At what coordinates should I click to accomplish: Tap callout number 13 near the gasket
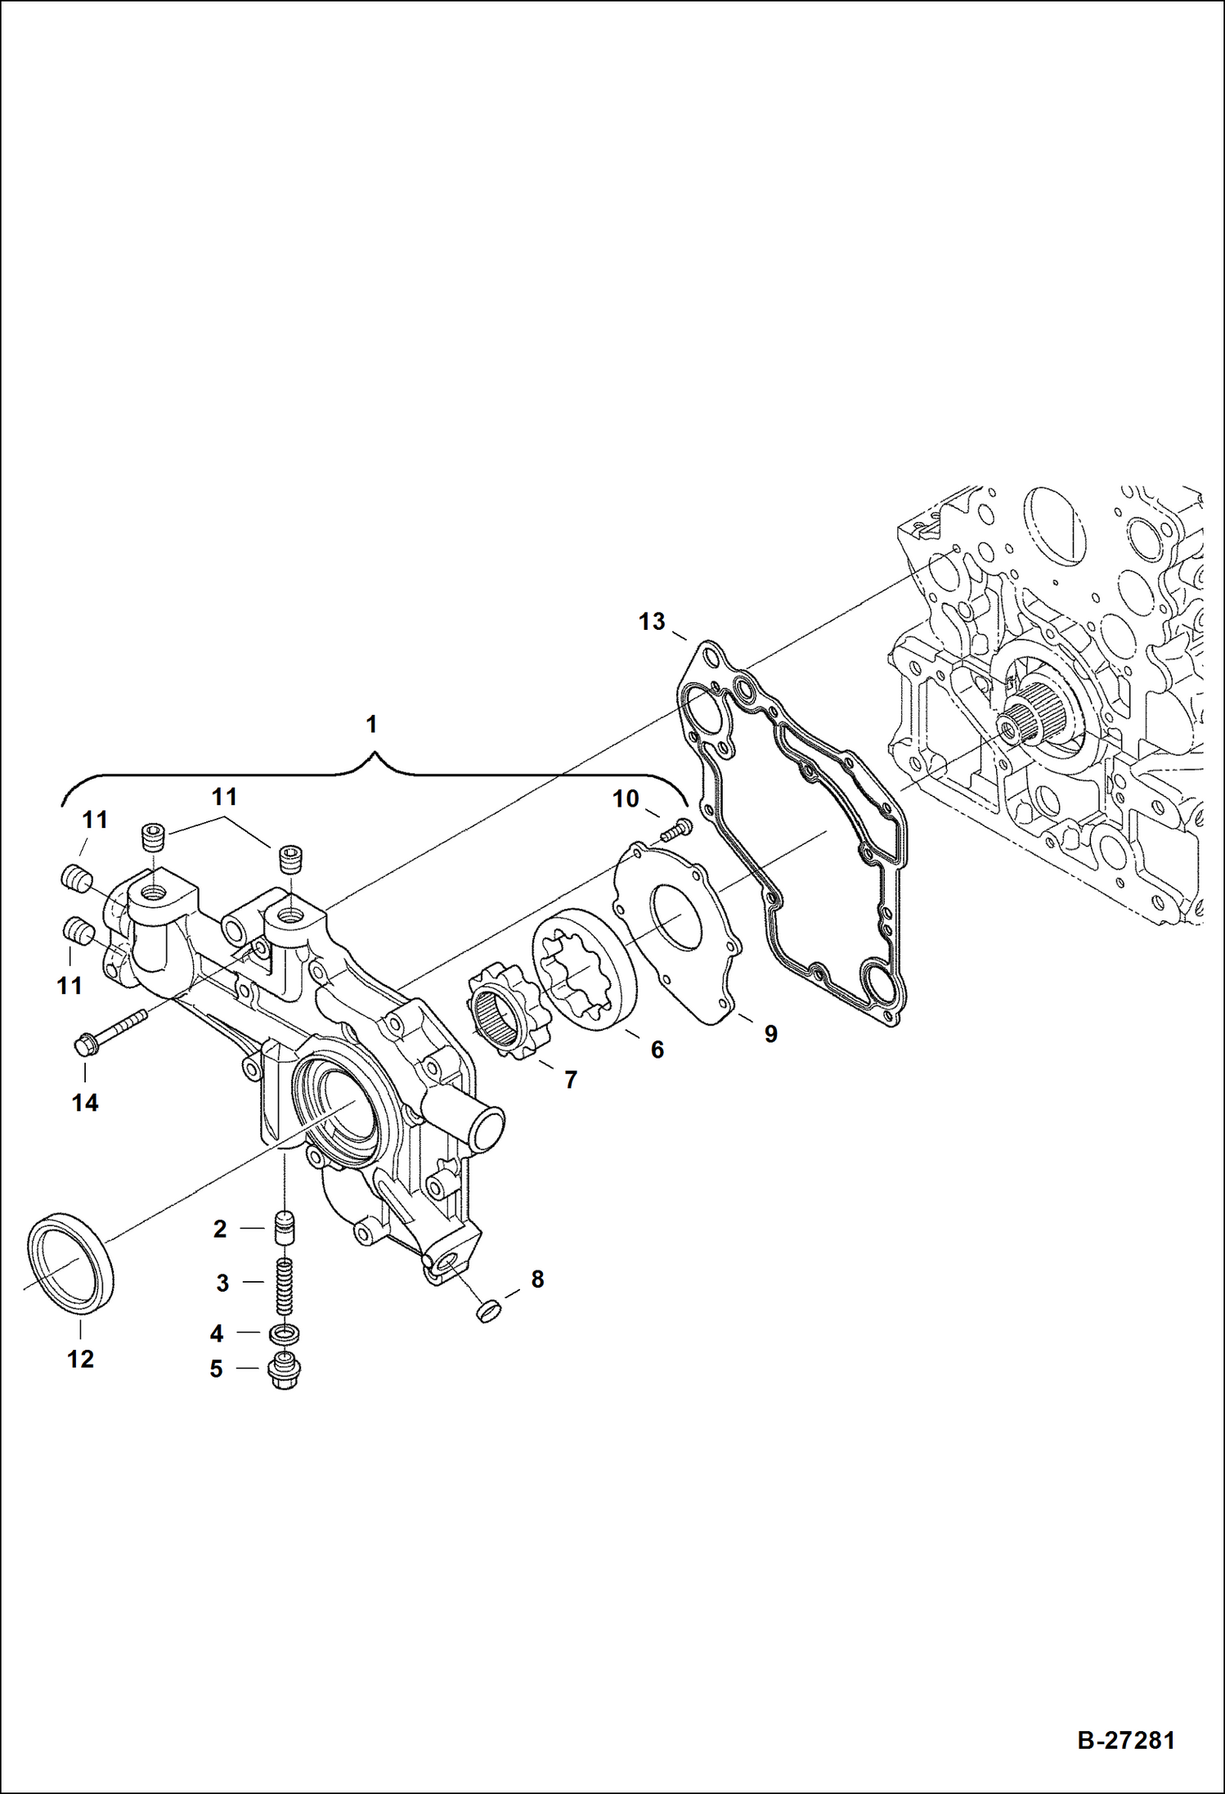click(652, 622)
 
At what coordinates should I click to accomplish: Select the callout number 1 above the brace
click(371, 724)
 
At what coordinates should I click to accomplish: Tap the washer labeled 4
click(285, 1333)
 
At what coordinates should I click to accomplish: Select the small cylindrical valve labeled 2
click(285, 1228)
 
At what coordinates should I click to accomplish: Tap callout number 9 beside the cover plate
click(770, 1034)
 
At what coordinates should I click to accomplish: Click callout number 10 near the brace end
click(626, 798)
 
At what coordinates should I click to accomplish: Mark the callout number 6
click(657, 1050)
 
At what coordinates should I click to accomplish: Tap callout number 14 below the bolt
click(84, 1103)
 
